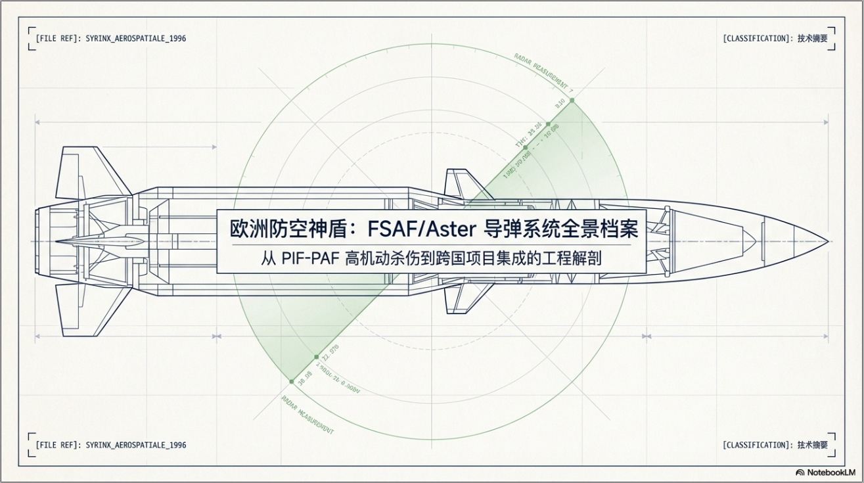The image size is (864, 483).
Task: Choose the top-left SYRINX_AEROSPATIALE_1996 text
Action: (x=135, y=39)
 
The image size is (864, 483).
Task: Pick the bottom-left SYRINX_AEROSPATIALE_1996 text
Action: (x=135, y=445)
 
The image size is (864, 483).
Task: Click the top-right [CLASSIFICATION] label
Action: (x=758, y=39)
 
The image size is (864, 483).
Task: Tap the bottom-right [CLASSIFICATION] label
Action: (x=758, y=445)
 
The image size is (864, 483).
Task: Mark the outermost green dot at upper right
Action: (x=572, y=101)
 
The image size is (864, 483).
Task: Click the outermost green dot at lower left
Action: (x=291, y=381)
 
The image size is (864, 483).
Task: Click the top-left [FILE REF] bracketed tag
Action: (x=58, y=39)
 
